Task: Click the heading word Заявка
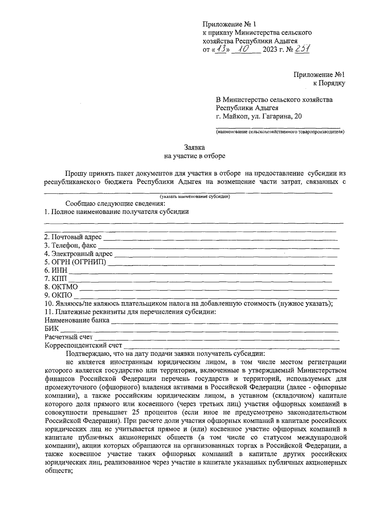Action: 194,148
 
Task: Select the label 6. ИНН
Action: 55,270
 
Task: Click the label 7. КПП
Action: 55,279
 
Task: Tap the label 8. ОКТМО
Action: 61,287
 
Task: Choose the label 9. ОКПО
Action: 58,295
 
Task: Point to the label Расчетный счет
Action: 69,337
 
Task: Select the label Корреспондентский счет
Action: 83,345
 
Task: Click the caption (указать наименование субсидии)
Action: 195,196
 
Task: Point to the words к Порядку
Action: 329,83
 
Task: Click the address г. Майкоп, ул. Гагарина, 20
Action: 259,116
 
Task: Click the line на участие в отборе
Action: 194,156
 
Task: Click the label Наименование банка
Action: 77,320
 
